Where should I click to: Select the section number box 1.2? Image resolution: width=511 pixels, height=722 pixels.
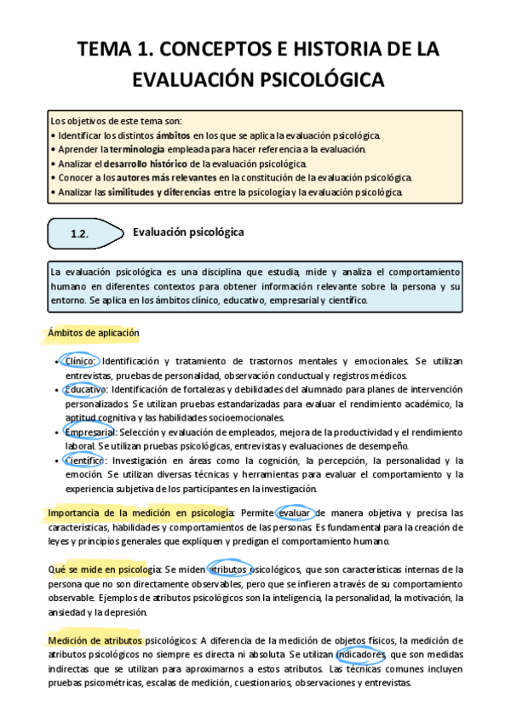point(80,232)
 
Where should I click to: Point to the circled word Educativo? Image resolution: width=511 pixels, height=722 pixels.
point(85,389)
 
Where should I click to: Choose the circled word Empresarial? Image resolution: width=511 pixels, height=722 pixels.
point(89,433)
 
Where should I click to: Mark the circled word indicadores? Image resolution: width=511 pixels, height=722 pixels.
point(361,654)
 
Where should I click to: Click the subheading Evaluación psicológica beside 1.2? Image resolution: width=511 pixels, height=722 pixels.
point(188,232)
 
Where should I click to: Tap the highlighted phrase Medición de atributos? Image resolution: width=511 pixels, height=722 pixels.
point(95,640)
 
